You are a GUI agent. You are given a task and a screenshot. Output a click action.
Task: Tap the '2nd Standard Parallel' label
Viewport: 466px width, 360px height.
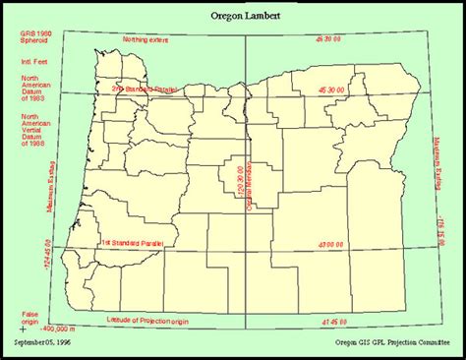coord(145,89)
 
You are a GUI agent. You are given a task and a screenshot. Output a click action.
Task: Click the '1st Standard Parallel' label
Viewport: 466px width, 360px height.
coord(132,242)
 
